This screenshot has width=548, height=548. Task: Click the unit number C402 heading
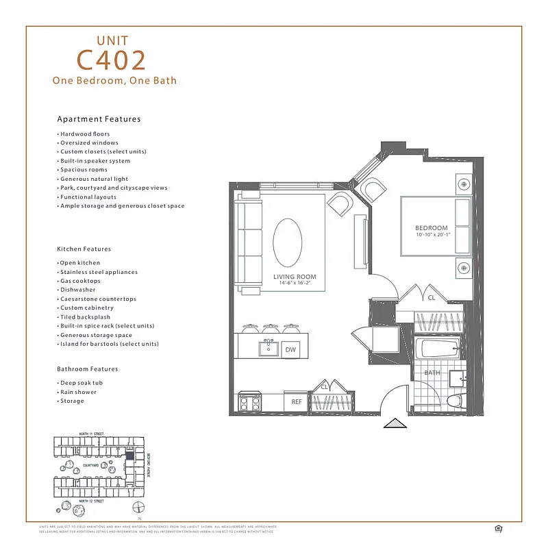(112, 60)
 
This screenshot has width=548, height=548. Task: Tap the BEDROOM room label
(432, 228)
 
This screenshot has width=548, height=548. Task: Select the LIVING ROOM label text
(295, 277)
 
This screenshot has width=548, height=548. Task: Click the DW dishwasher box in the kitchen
(290, 349)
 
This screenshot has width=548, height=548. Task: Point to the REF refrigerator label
(297, 402)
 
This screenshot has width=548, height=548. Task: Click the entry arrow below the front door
(395, 424)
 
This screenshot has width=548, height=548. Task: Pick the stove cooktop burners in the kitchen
(249, 402)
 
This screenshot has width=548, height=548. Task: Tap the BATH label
(432, 373)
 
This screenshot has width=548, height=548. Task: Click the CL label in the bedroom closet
(431, 298)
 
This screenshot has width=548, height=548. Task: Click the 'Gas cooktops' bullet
(79, 281)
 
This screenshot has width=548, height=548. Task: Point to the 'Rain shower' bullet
(78, 392)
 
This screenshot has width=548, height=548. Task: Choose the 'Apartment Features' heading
(99, 119)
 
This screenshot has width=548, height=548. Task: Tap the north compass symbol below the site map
(139, 508)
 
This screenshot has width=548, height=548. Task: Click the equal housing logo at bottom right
(497, 527)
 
